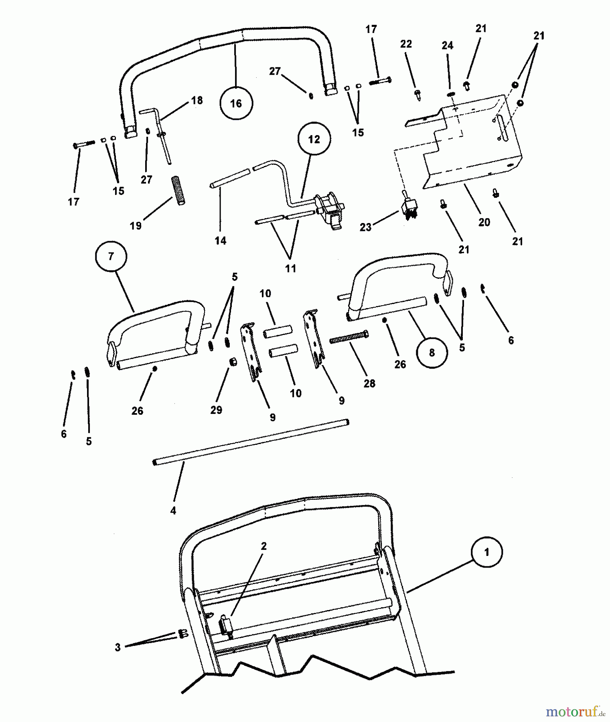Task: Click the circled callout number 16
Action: [x=236, y=103]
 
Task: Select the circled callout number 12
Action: [x=314, y=139]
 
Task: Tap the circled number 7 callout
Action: [x=111, y=256]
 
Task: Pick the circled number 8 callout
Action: [x=432, y=353]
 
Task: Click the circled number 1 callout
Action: [x=486, y=553]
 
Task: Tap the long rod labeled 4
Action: [x=251, y=443]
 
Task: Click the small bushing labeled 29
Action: [x=232, y=362]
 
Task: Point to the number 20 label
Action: [x=484, y=222]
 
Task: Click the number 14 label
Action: [x=220, y=241]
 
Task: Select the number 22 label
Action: [x=406, y=44]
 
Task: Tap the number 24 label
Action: [x=447, y=46]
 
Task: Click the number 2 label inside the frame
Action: [x=263, y=546]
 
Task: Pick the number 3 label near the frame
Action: [x=118, y=647]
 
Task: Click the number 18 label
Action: [x=197, y=100]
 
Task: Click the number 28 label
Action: [x=369, y=383]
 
